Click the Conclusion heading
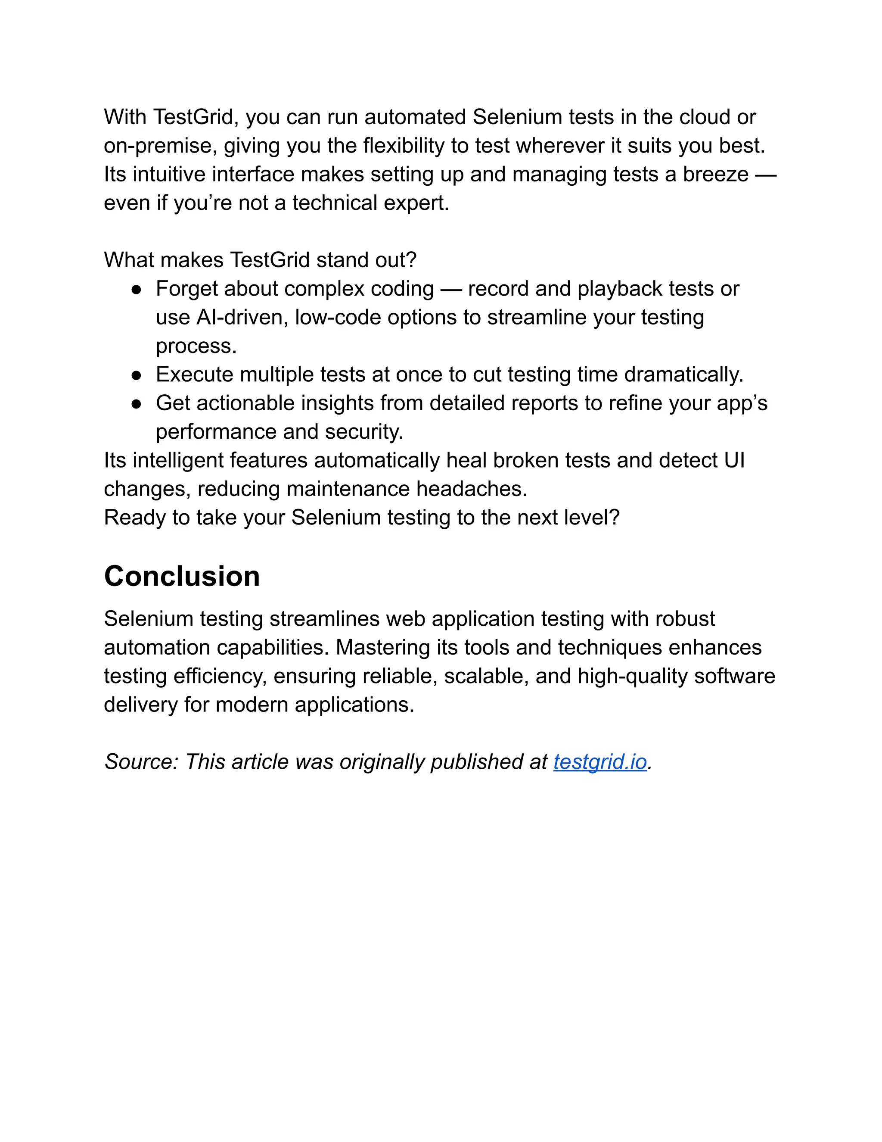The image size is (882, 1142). [x=182, y=576]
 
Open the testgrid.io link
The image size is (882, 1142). [x=600, y=762]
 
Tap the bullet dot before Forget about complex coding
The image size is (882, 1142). [x=137, y=290]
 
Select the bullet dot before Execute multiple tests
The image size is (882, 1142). [x=137, y=375]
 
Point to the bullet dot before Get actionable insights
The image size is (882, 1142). [x=137, y=404]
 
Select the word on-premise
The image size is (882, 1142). [x=160, y=146]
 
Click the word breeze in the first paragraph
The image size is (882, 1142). [x=715, y=175]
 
